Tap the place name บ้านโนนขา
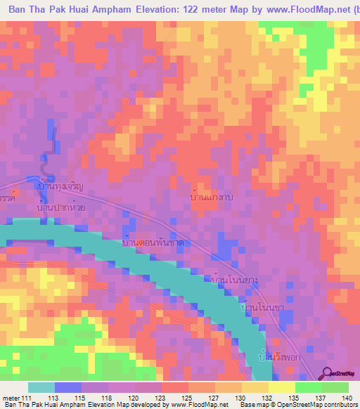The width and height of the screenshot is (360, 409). [x=262, y=309]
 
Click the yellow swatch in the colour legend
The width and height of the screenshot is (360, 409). [x=281, y=387]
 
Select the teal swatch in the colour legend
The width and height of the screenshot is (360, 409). [x=41, y=387]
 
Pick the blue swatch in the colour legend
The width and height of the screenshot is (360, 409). [x=68, y=387]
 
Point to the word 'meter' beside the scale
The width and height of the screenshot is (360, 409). [x=11, y=398]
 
